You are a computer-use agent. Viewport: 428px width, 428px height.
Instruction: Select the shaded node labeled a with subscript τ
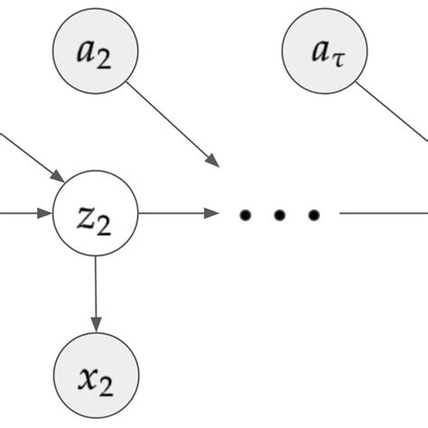click(324, 51)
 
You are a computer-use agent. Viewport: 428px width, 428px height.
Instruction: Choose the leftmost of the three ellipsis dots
click(244, 215)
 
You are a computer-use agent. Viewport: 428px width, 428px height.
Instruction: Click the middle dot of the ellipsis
click(279, 215)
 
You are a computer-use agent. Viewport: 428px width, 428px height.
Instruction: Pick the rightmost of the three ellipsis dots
click(313, 215)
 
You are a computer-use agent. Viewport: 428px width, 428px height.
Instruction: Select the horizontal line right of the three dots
click(384, 214)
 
